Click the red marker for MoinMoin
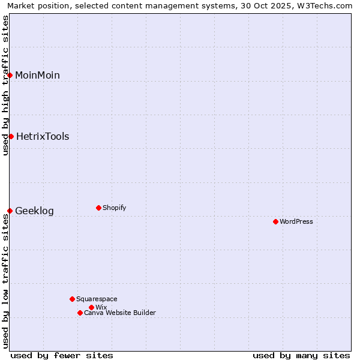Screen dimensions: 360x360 pos(10,75)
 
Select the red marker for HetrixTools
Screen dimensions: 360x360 pos(11,136)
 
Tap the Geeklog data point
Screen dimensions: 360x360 pos(10,211)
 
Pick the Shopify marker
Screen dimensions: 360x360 pos(98,208)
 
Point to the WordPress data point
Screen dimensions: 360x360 pos(275,221)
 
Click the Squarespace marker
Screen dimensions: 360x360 pos(72,299)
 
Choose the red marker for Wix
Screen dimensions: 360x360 pos(91,307)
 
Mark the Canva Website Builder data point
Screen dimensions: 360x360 pos(80,313)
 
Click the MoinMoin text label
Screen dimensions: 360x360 pos(37,75)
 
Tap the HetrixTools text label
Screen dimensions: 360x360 pos(43,136)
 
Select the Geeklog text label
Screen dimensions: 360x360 pos(34,211)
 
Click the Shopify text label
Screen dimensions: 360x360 pos(114,208)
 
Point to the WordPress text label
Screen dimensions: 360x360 pos(296,221)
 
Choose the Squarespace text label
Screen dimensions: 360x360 pos(97,299)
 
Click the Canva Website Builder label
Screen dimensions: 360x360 pos(120,313)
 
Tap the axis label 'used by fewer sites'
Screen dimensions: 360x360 pos(62,355)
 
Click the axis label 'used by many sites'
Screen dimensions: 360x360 pos(301,355)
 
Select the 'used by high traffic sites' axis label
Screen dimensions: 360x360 pos(5,85)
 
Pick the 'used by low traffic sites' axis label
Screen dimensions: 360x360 pos(5,281)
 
